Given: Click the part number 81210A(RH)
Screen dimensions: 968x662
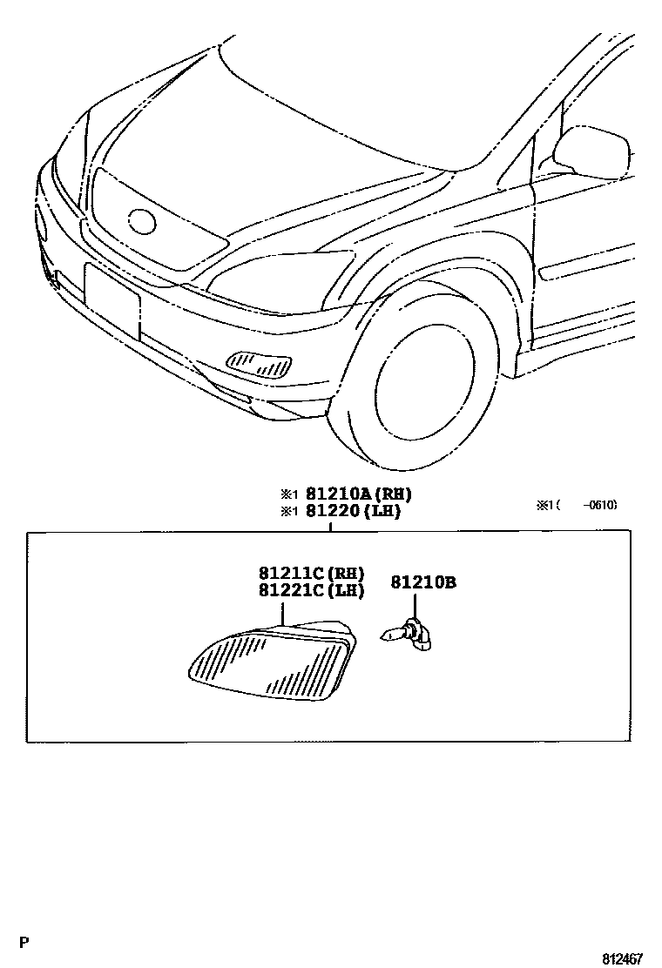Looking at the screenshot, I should [x=358, y=494].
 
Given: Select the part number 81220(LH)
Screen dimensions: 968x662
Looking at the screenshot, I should [x=353, y=511].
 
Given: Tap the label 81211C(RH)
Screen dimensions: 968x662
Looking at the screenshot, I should [x=311, y=574].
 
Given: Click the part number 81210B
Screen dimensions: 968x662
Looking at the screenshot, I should [x=422, y=581].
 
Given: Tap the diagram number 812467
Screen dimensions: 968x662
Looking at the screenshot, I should [x=622, y=958].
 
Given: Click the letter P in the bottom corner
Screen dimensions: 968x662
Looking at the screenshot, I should [x=24, y=941].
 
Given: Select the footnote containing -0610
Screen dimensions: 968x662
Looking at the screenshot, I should [x=577, y=504].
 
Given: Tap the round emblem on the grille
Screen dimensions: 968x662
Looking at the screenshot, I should [x=141, y=221].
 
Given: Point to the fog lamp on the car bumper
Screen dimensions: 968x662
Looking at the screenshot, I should [x=259, y=364].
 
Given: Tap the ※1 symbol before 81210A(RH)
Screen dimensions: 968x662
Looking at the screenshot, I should [x=289, y=494].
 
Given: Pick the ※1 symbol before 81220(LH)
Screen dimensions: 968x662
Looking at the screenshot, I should [x=289, y=512].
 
